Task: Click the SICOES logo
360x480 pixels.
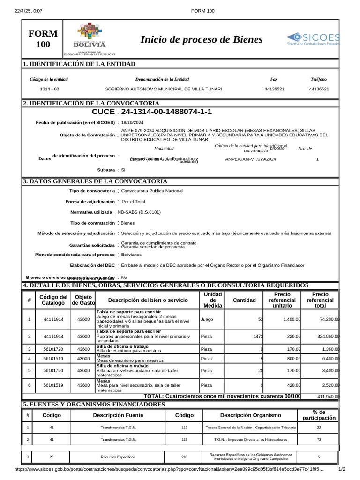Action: point(313,39)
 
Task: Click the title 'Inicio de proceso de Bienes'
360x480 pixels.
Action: point(202,40)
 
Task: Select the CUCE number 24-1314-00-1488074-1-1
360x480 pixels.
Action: point(166,112)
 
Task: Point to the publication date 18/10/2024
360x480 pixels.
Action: point(132,122)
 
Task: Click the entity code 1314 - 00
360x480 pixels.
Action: point(49,89)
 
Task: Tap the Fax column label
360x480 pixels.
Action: point(274,79)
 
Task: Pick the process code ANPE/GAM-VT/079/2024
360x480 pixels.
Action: point(251,159)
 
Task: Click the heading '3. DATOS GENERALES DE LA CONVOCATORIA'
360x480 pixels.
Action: point(95,181)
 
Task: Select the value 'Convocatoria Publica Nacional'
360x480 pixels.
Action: point(152,191)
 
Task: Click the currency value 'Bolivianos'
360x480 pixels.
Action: point(131,255)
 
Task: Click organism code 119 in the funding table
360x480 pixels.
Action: point(184,440)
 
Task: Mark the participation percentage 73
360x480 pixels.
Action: point(319,440)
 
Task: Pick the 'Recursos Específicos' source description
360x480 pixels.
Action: point(118,456)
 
